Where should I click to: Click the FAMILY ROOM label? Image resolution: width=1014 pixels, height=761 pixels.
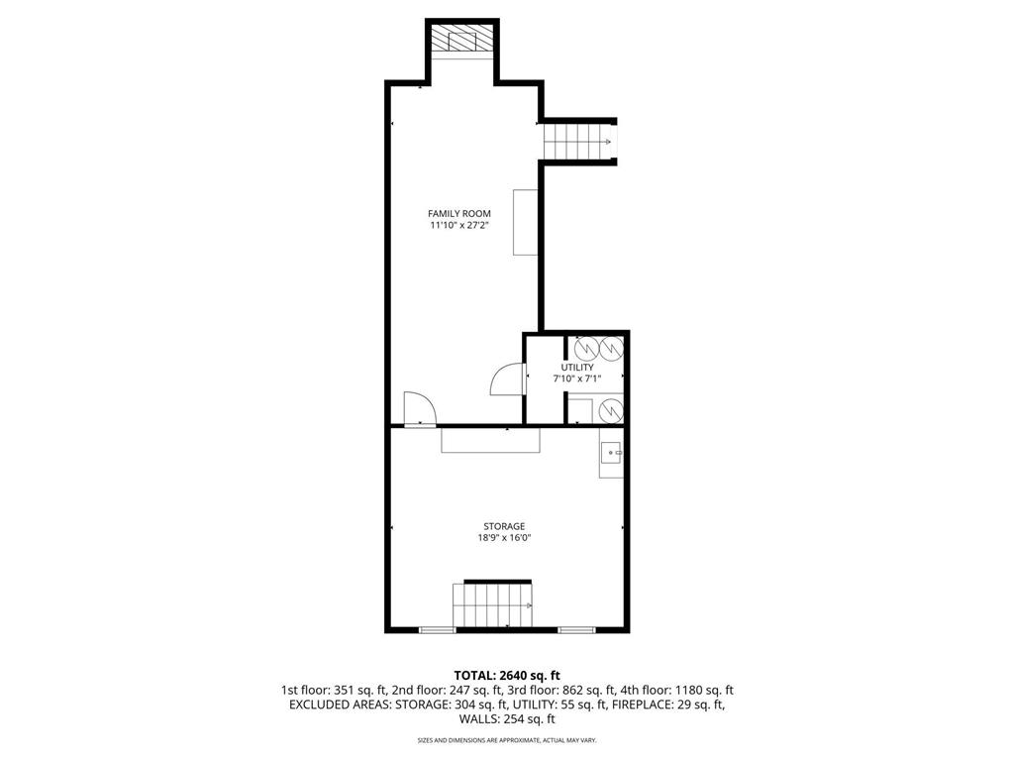pos(458,213)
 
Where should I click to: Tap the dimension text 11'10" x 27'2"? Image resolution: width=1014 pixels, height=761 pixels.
pos(458,226)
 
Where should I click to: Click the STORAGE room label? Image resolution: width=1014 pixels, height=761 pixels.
pos(504,526)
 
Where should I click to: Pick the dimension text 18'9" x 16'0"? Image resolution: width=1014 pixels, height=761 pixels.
pos(504,538)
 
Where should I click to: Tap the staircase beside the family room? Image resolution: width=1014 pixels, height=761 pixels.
pos(578,141)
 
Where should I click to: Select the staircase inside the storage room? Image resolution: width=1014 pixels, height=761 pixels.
pos(493,604)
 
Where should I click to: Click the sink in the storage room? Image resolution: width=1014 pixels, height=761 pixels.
pos(611,454)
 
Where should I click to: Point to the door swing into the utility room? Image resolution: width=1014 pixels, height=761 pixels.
pos(510,380)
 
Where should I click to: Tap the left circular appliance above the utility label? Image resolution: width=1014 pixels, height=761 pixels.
pos(585,347)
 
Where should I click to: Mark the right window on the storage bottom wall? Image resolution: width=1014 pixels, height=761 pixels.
pos(575,630)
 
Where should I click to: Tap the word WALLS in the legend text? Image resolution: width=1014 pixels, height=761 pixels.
pos(482,719)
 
